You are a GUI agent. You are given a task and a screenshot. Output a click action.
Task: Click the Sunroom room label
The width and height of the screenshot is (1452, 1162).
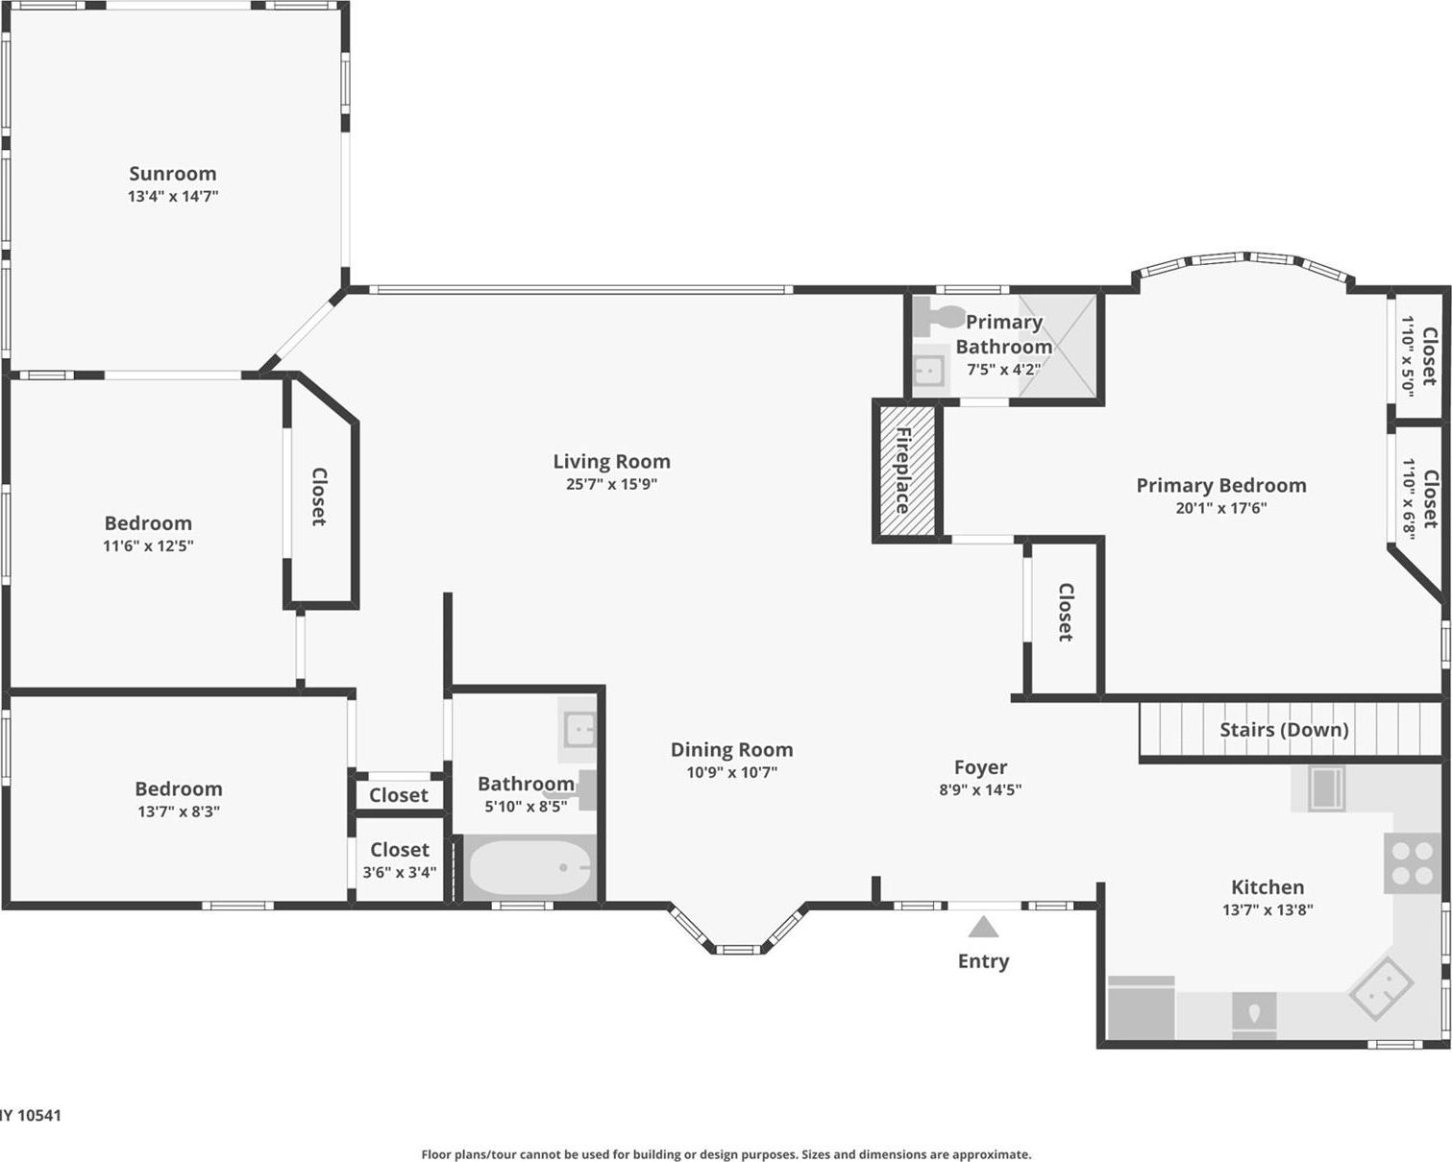click(173, 174)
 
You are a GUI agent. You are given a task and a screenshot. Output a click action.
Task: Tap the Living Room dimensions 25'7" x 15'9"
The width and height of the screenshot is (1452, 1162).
click(611, 484)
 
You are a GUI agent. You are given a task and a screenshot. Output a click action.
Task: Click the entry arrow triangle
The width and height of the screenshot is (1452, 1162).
click(982, 927)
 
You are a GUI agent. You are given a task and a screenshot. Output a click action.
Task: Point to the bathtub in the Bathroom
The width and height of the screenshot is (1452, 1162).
click(529, 866)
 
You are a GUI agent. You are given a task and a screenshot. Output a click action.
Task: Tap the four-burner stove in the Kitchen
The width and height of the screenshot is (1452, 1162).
click(1414, 862)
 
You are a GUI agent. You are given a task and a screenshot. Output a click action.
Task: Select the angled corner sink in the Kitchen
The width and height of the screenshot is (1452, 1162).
click(1382, 988)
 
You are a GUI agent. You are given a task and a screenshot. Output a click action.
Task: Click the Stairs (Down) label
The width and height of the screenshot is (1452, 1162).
click(1284, 730)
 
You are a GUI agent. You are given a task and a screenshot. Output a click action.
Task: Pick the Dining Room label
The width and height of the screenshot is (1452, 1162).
click(731, 750)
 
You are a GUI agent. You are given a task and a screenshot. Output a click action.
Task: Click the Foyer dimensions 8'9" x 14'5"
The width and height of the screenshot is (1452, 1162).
click(980, 789)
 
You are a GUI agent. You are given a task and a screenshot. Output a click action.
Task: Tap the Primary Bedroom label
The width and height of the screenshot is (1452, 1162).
click(1220, 486)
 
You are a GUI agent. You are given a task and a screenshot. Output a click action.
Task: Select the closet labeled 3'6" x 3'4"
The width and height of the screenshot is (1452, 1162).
click(400, 860)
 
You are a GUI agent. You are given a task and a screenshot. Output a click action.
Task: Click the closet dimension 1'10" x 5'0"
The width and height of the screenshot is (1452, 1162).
click(1407, 355)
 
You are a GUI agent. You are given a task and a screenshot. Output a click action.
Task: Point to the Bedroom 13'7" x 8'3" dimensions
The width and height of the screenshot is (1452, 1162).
click(179, 811)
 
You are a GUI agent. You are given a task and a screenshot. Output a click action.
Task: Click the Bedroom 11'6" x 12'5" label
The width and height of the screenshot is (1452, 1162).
click(148, 523)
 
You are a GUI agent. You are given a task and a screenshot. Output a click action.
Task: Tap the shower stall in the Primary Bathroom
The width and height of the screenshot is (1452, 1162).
click(1057, 346)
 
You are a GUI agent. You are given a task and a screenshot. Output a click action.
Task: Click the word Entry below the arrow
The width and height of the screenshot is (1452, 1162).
click(983, 961)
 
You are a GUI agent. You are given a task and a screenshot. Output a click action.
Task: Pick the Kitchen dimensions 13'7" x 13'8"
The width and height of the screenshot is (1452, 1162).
click(1267, 909)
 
